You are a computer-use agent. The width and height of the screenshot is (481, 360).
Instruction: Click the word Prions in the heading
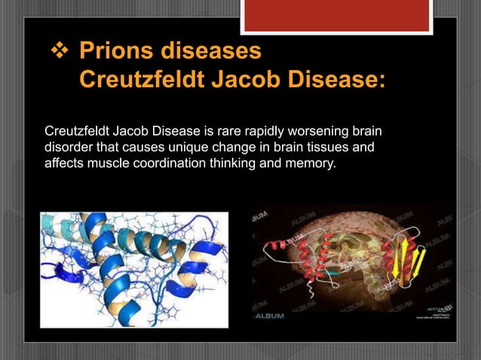click(x=118, y=53)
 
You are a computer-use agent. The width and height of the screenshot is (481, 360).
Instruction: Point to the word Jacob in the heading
click(x=247, y=80)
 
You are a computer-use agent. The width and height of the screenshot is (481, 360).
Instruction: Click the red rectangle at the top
click(x=336, y=15)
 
